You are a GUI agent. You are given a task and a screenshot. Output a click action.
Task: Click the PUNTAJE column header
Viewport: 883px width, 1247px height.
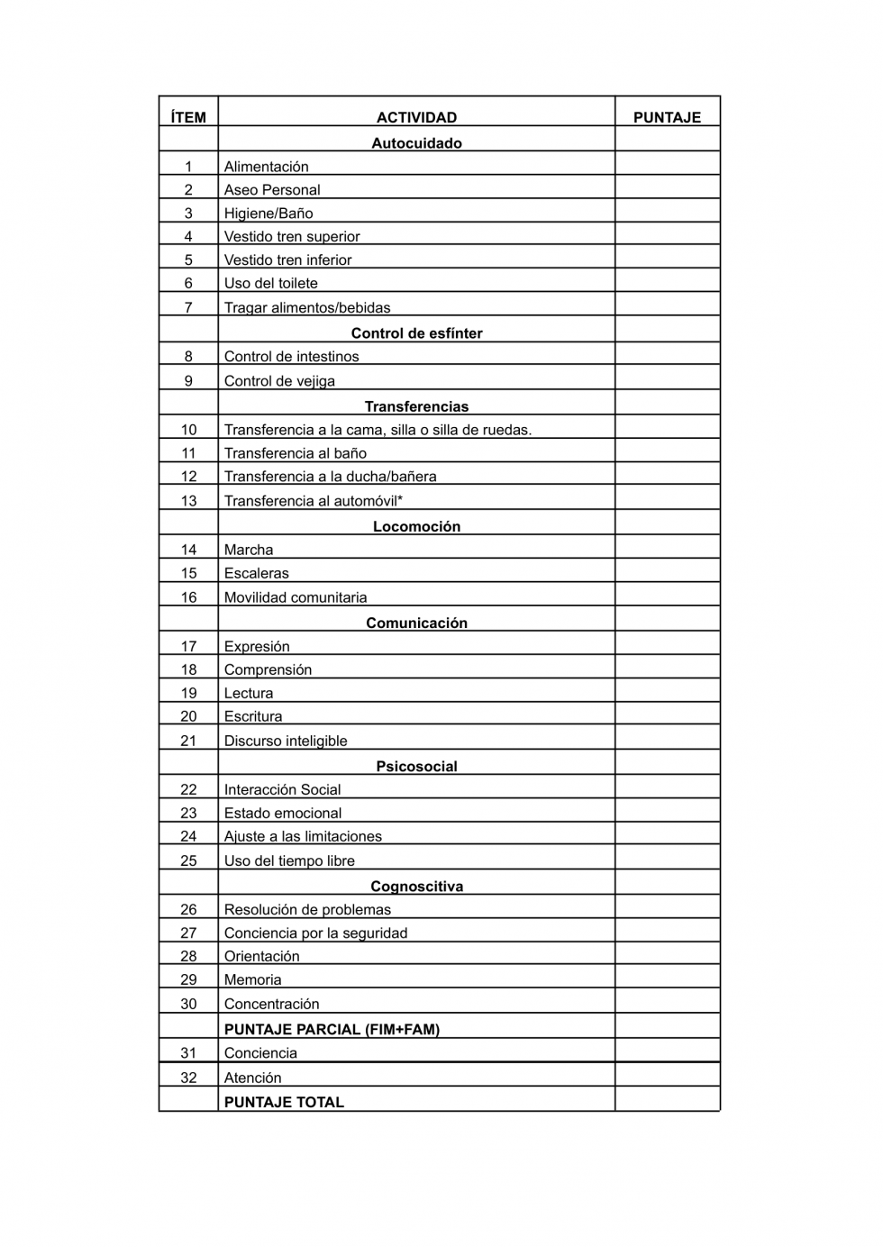pyautogui.click(x=667, y=117)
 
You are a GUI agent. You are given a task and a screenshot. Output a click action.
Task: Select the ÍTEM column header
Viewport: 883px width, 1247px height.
pyautogui.click(x=188, y=117)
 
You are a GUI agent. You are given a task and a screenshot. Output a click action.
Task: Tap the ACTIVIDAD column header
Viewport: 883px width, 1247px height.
pyautogui.click(x=416, y=117)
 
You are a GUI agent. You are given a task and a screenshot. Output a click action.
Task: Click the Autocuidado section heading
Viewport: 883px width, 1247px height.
pyautogui.click(x=416, y=143)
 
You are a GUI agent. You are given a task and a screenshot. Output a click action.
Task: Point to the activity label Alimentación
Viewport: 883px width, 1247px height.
pyautogui.click(x=266, y=167)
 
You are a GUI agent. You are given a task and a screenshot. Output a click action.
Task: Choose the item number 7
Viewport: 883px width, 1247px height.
pyautogui.click(x=188, y=307)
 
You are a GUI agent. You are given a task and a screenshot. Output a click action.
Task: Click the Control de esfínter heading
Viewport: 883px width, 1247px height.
pyautogui.click(x=416, y=333)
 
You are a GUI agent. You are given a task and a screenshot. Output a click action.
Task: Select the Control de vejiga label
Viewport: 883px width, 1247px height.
pyautogui.click(x=279, y=381)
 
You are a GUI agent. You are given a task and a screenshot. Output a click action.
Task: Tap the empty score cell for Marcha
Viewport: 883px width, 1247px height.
pyautogui.click(x=667, y=548)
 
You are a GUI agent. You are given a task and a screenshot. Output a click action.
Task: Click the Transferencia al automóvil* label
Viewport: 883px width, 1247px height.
pyautogui.click(x=313, y=501)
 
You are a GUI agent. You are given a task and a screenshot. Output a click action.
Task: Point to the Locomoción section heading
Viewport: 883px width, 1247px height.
pyautogui.click(x=416, y=526)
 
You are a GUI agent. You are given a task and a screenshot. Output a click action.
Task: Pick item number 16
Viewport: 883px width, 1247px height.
pyautogui.click(x=188, y=597)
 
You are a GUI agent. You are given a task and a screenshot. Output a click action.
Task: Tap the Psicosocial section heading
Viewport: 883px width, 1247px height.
pyautogui.click(x=416, y=767)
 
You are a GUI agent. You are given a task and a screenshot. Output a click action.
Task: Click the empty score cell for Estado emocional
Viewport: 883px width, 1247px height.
pyautogui.click(x=667, y=812)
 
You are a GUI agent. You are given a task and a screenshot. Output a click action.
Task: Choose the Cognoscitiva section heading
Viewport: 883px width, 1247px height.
pyautogui.click(x=416, y=887)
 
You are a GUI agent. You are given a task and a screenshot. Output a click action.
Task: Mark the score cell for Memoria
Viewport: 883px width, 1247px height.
pyautogui.click(x=667, y=978)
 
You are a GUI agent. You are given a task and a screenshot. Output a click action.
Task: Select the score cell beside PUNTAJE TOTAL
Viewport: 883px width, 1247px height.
pyautogui.click(x=667, y=1100)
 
